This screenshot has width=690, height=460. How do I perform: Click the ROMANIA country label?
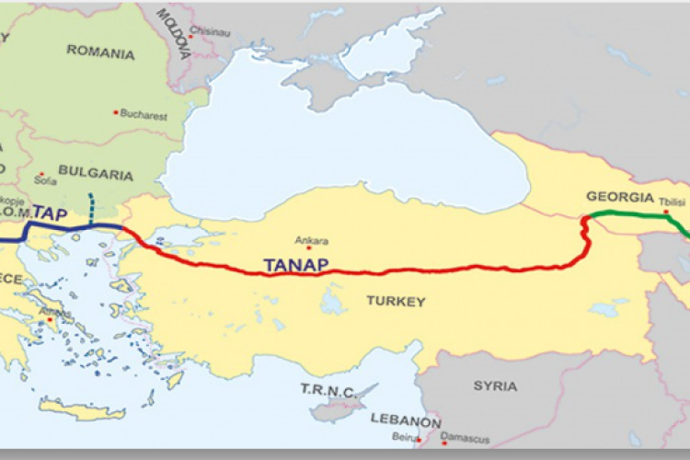(x=99, y=52)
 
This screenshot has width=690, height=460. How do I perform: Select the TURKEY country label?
(x=396, y=301)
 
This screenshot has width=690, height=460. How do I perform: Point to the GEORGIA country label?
(x=619, y=196)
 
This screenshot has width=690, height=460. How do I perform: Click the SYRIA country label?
(x=495, y=385)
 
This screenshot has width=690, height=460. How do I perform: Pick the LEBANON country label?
(x=406, y=420)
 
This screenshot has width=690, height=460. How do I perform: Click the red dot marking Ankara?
(x=309, y=247)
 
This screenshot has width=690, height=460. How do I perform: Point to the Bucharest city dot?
(x=116, y=112)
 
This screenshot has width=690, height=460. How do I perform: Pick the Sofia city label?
(x=45, y=180)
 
